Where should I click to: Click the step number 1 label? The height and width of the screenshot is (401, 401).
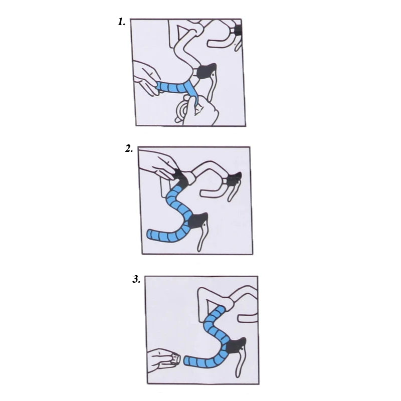pyautogui.click(x=121, y=22)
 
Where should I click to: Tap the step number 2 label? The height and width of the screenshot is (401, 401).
pyautogui.click(x=129, y=148)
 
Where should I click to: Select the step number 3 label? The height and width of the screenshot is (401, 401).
pyautogui.click(x=136, y=279)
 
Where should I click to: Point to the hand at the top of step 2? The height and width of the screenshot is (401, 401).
pyautogui.click(x=157, y=164)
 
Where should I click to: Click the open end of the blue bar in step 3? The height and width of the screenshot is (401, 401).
pyautogui.click(x=186, y=361)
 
